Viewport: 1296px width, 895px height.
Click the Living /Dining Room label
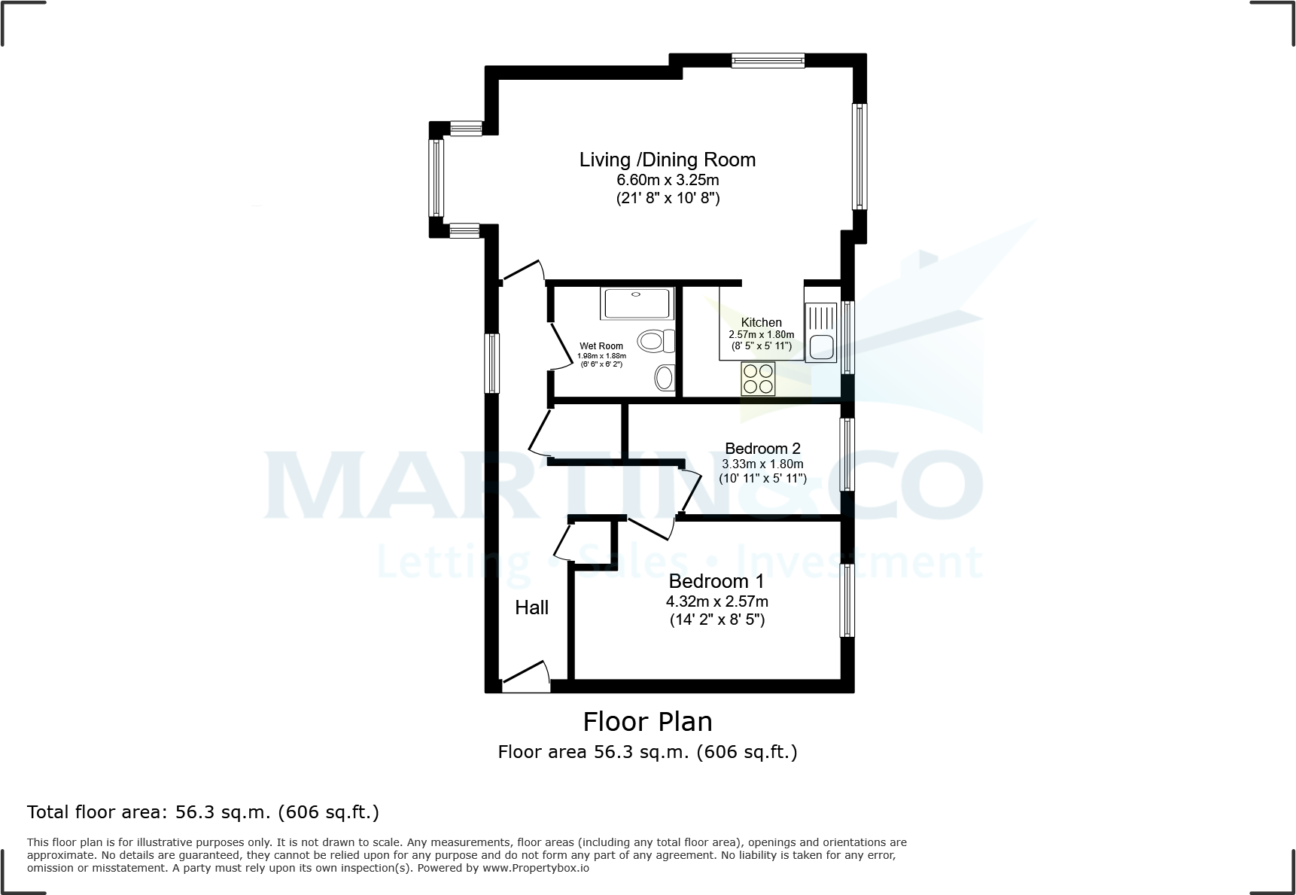(667, 160)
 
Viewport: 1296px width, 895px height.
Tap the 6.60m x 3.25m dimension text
(668, 180)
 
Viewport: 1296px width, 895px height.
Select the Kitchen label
(761, 322)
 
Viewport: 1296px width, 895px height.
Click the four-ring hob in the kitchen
(758, 379)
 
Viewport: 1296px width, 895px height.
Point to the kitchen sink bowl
(820, 348)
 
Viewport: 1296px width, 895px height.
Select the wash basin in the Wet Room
(665, 377)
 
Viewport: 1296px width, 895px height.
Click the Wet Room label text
(601, 346)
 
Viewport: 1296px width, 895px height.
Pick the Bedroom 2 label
(762, 449)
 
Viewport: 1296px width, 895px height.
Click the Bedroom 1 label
(716, 581)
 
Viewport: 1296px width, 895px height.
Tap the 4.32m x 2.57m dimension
(716, 601)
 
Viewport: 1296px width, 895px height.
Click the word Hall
(531, 607)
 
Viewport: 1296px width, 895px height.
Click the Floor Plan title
(647, 722)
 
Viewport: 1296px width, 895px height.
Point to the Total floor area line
(202, 812)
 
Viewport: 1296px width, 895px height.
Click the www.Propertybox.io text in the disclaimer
(535, 868)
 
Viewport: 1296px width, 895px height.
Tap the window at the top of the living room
(768, 61)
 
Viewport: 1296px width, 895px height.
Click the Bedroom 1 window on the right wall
(847, 600)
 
